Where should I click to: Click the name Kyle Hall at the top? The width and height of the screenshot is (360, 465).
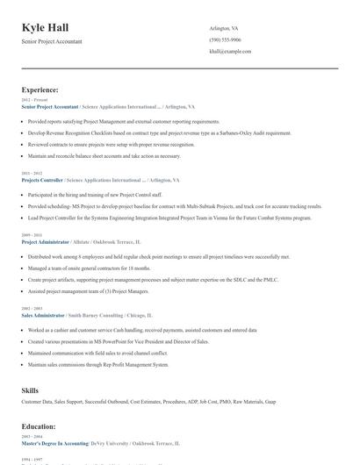click(45, 28)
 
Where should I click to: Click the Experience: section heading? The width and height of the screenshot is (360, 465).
click(40, 89)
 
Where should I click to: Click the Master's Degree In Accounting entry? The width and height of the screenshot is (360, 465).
click(54, 444)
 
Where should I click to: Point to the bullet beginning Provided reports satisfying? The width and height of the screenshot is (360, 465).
click(123, 121)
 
